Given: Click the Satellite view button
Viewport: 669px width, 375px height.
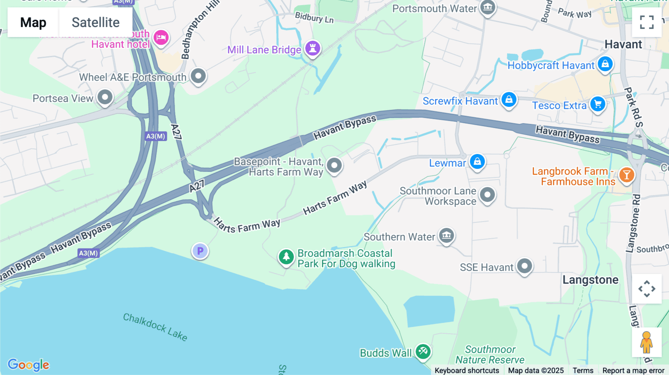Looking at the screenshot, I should pos(96,22).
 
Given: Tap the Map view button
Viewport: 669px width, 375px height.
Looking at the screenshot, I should pos(33,22).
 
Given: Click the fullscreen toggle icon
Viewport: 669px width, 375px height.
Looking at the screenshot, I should pos(647,22).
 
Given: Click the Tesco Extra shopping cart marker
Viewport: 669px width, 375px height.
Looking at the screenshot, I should pos(598,104).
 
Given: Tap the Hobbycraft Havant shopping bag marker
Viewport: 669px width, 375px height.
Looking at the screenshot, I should pos(605,64).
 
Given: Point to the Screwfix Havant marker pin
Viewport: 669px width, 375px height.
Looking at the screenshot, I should pos(509,100).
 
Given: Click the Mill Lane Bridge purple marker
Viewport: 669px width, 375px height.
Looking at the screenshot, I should pos(313,48).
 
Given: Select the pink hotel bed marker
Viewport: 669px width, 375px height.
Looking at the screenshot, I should pos(161,37).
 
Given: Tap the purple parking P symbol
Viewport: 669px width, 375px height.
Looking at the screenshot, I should pos(200,251).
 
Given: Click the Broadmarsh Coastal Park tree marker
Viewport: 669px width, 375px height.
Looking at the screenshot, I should pos(286,257).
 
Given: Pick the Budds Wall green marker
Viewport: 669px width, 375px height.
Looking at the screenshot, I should pos(423,351).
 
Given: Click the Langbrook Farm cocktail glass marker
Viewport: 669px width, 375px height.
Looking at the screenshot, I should pos(627,175).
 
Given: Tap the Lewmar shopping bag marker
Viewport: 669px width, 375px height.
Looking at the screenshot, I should pos(477,162).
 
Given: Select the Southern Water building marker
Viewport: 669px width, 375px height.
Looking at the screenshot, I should pos(446,235).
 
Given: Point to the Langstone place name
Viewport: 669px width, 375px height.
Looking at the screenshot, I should pos(590,280).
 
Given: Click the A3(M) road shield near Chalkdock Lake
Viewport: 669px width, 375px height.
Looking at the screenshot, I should pos(88,253).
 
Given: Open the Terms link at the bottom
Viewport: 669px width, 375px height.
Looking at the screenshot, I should pos(583,370).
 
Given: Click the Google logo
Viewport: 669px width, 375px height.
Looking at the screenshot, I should pos(28,365).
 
